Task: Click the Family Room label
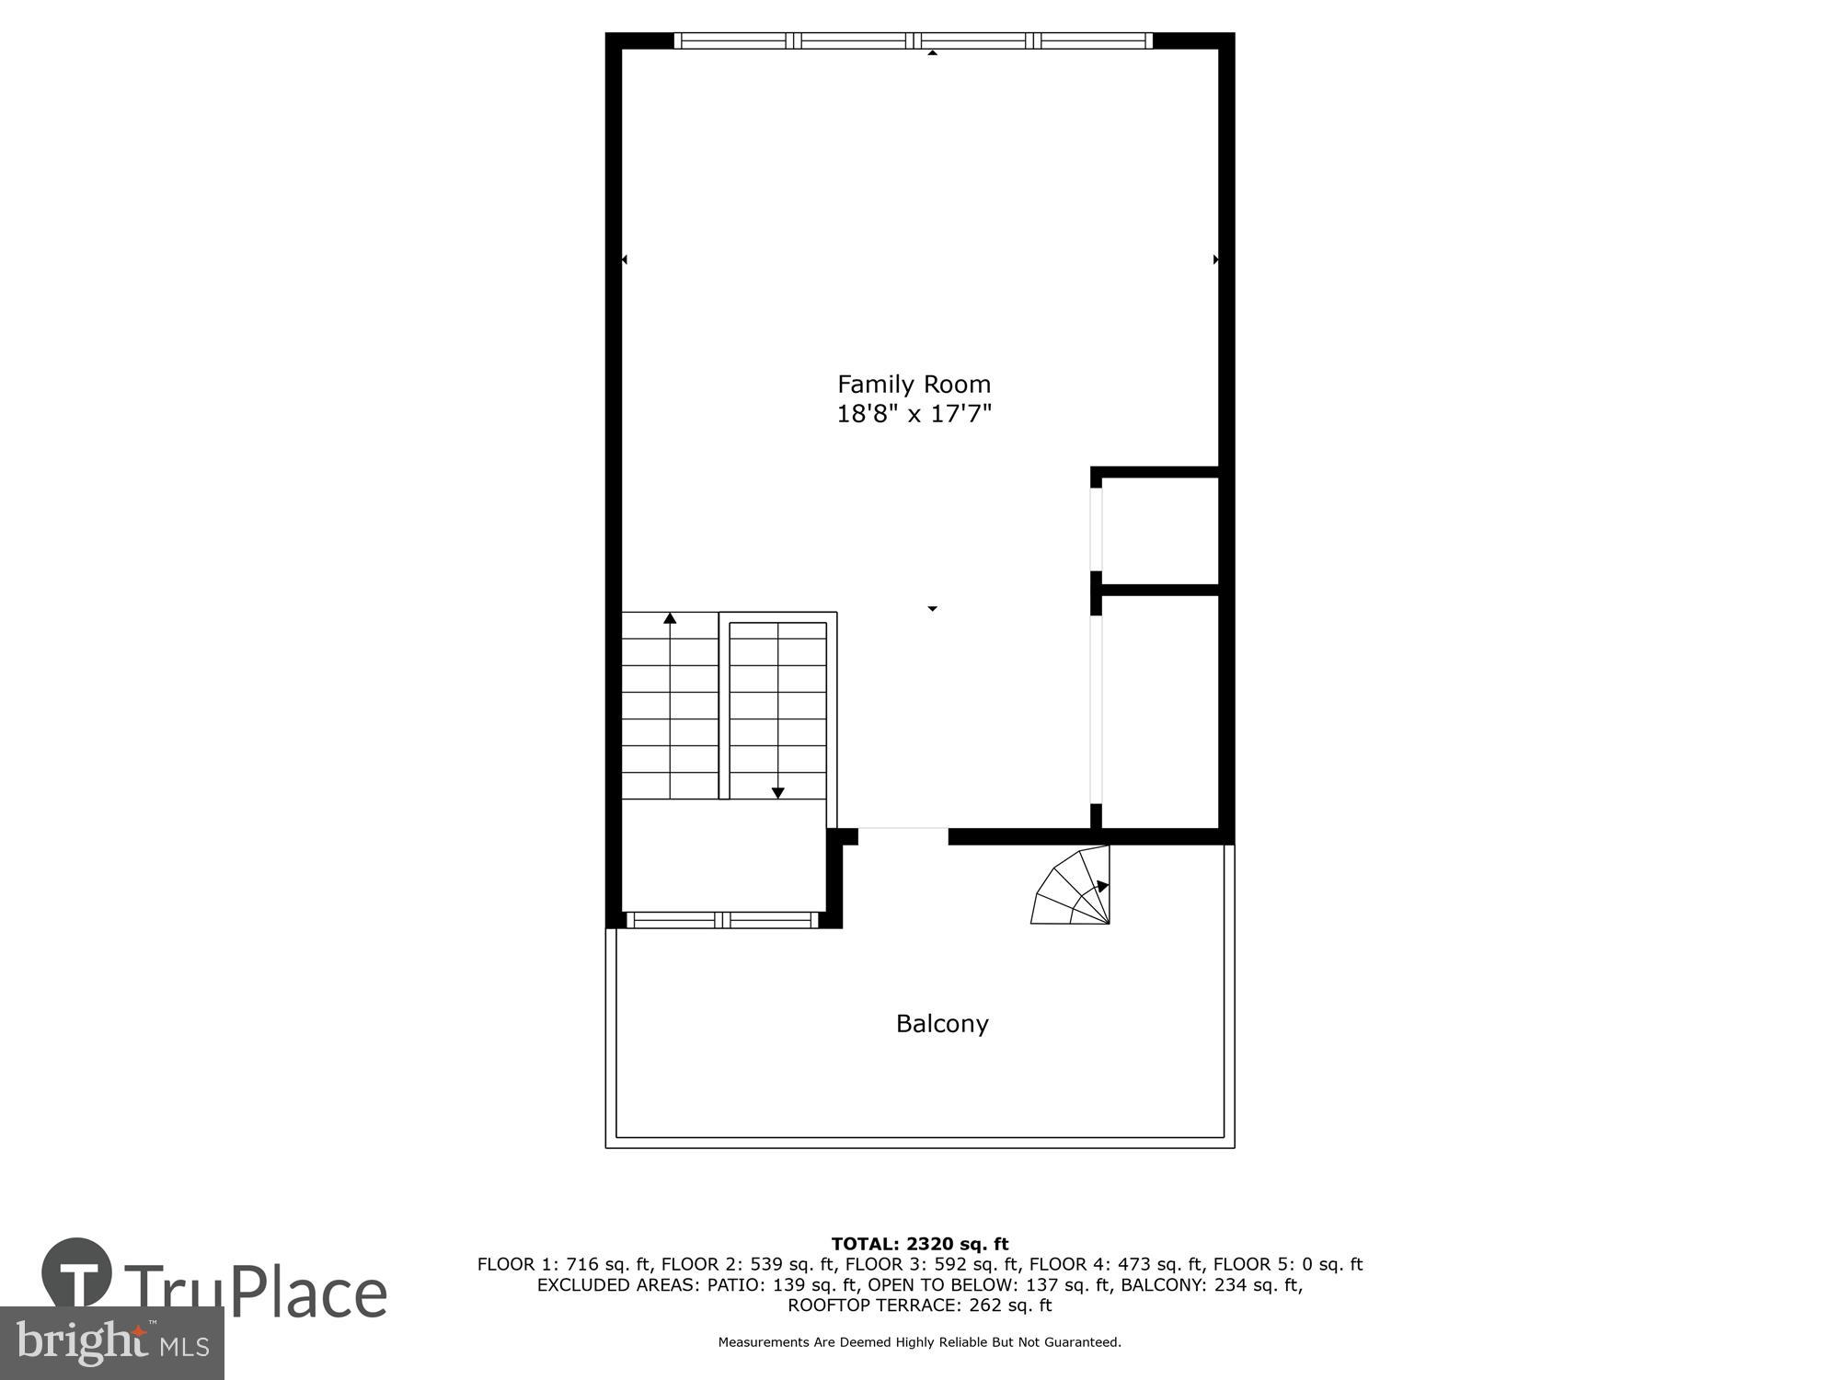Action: [x=914, y=384]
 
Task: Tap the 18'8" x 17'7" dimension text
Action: [x=914, y=414]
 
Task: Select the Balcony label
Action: [x=942, y=1024]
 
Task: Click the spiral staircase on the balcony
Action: [x=1075, y=888]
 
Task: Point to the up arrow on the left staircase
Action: [x=670, y=619]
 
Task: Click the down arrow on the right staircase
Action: [x=778, y=792]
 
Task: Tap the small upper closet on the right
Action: [x=1159, y=531]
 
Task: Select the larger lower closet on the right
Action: [x=1159, y=710]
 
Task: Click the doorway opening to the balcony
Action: [x=903, y=836]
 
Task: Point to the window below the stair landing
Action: [x=722, y=920]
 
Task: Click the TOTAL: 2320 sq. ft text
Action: [x=920, y=1245]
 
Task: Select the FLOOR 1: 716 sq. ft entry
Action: [x=563, y=1265]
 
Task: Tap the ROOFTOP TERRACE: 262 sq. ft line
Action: [x=920, y=1305]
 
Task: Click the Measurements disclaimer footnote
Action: [x=920, y=1342]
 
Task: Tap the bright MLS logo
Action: [x=112, y=1343]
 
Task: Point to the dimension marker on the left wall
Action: [x=625, y=260]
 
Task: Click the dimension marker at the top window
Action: [x=932, y=53]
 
